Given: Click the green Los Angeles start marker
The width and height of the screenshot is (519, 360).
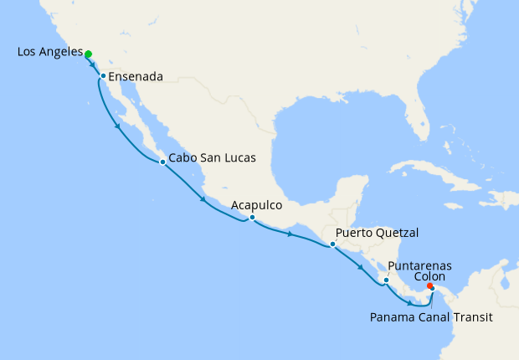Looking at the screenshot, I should (88, 54).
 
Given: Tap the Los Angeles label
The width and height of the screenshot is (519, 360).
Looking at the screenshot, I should (49, 53).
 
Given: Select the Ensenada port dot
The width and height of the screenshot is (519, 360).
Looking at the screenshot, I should (103, 76).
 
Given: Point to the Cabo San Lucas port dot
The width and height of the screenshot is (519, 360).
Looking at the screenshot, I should (162, 162).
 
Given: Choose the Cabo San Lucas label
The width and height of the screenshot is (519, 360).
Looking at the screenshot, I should (212, 157).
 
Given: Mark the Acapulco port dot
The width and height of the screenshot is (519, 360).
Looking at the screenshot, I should (252, 218).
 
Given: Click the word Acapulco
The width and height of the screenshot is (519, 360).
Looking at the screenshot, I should (257, 204).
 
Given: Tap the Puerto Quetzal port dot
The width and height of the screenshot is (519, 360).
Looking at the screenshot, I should (332, 244).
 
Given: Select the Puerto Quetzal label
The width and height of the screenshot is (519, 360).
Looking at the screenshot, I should (377, 233).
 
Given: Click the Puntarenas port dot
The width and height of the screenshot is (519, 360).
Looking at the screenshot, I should (386, 280).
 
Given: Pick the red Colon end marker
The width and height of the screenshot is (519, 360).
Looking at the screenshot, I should (429, 286).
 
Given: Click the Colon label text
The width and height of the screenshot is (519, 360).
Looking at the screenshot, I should (429, 276).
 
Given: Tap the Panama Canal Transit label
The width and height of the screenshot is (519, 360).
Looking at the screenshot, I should (429, 318).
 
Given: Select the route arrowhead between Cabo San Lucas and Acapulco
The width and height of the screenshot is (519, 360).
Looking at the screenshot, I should (203, 199).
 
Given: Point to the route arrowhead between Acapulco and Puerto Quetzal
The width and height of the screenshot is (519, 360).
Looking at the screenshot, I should (290, 234).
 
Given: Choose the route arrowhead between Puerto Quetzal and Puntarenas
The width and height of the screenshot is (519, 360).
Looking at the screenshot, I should (361, 267).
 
